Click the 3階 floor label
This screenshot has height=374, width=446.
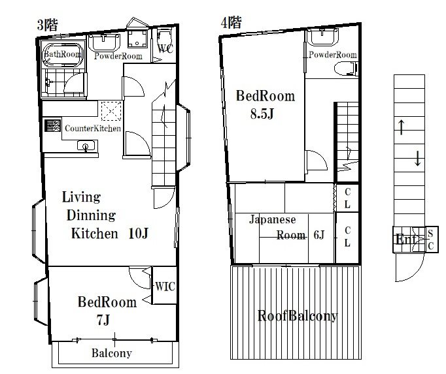48,25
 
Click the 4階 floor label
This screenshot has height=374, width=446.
232,22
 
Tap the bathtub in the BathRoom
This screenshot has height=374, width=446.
63,55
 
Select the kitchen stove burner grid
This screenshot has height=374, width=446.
52,125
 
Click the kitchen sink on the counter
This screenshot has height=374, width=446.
86,146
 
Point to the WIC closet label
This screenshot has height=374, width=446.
165,287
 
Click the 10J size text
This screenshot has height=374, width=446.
139,234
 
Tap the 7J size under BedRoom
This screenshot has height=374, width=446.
103,320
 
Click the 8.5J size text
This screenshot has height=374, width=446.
262,114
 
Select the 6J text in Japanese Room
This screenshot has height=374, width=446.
319,235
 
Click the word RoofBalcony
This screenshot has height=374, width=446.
298,316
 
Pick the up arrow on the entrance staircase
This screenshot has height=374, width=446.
401,127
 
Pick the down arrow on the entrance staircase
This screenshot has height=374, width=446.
418,159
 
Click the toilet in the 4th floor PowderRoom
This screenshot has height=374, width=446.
345,69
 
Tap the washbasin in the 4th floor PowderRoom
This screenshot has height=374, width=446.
322,37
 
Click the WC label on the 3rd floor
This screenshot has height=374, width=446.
165,49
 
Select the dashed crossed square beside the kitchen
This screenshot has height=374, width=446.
111,111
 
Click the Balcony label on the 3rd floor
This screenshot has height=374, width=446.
112,353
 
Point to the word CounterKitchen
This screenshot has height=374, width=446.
93,129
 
